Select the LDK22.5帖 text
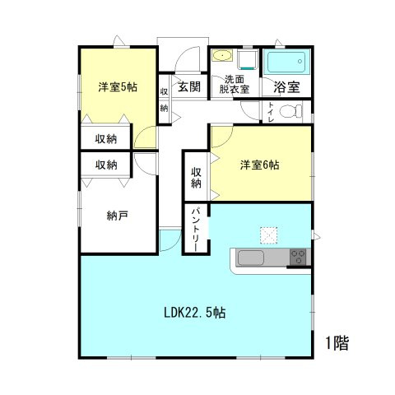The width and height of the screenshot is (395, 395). coord(195,313)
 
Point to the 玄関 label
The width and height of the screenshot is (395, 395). coord(188,86)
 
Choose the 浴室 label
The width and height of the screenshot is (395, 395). coord(286,86)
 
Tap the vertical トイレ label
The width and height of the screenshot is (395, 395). coord(271,112)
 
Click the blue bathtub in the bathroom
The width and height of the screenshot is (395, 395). coord(286,63)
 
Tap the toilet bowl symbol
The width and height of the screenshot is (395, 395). coord(289,112)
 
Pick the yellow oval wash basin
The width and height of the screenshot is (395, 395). coord(221,57)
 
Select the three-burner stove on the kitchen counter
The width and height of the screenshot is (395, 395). coord(298,258)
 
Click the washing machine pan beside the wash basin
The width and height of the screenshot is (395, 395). coord(247,59)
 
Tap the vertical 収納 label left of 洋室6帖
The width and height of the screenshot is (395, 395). coord(197,178)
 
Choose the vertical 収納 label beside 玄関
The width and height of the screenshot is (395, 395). coord(165,100)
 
